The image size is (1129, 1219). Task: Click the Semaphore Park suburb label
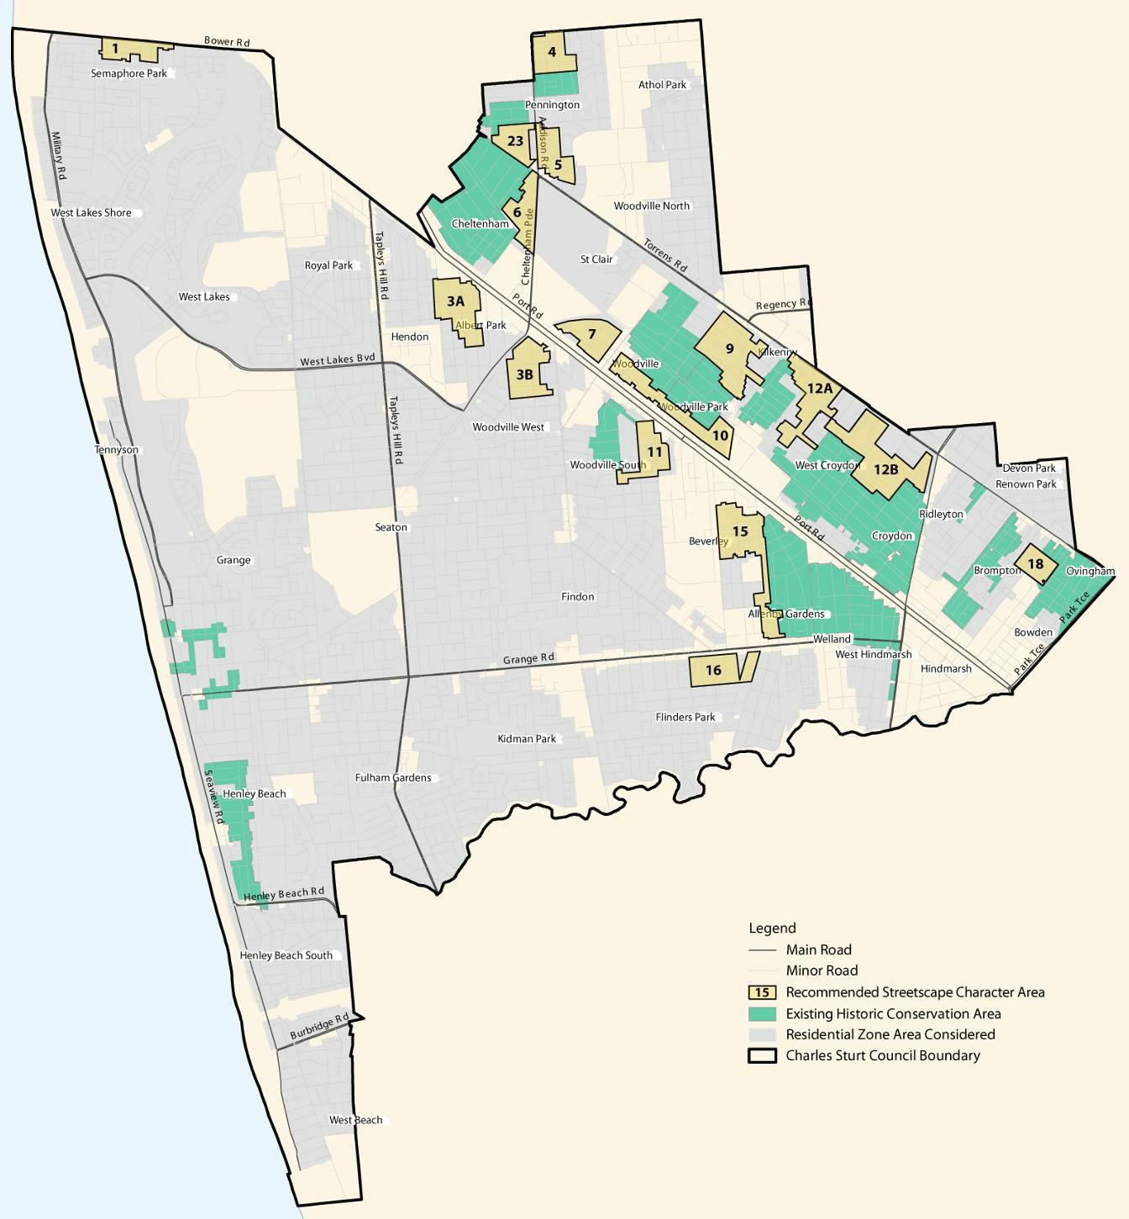pos(129,74)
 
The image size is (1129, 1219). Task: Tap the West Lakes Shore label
pos(91,213)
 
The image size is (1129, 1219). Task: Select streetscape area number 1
pos(116,49)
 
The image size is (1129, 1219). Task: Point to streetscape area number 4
pos(552,52)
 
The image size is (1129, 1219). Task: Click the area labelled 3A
pos(455,301)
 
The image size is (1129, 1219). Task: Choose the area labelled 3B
pos(525,374)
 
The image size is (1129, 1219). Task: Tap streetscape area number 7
pos(592,334)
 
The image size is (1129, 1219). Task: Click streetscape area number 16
pos(713,670)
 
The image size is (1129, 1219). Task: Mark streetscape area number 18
pos(1036,564)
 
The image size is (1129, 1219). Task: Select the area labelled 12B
pos(886,469)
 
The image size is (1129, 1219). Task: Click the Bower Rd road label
pos(227,41)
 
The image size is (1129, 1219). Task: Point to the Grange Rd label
pos(528,659)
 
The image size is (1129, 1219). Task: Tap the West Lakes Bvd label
pos(338,360)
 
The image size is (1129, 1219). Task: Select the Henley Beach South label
pos(286,955)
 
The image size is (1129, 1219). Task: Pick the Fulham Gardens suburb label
pos(393,778)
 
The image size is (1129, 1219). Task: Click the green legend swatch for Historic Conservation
pos(762,1013)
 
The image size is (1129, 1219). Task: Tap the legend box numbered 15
pos(762,992)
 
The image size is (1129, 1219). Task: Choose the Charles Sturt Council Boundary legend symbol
pos(762,1056)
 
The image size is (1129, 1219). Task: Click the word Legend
pos(772,929)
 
